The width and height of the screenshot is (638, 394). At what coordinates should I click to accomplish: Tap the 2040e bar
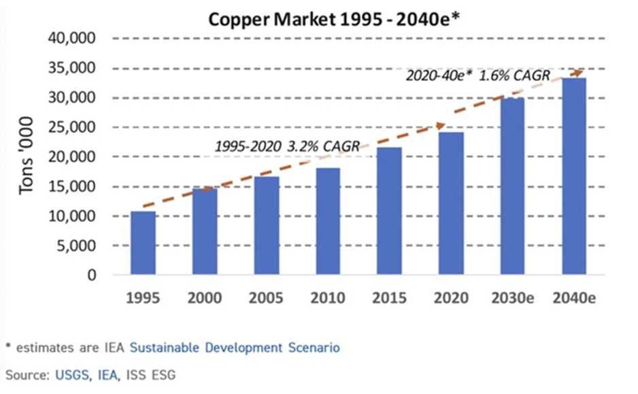574,176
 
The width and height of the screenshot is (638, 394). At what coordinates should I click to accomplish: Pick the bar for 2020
451,203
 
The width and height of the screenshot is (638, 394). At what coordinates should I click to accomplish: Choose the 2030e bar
512,186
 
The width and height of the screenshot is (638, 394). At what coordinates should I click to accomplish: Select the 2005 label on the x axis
267,299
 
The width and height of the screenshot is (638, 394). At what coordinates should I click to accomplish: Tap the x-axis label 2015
390,299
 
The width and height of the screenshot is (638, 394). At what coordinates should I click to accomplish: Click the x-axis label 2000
205,299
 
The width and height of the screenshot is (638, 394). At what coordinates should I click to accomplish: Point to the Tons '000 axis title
27,157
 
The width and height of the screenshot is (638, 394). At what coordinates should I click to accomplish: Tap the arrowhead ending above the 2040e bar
577,71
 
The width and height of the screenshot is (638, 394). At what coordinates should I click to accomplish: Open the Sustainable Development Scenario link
235,348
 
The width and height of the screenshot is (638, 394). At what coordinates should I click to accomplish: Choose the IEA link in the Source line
101,374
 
